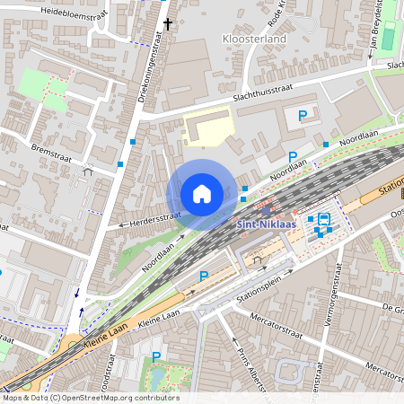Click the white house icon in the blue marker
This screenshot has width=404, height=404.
click(202, 194)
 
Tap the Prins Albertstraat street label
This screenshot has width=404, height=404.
click(250, 359)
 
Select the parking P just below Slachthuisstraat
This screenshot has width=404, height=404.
click(303, 115)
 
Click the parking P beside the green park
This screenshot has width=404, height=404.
click(156, 356)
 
